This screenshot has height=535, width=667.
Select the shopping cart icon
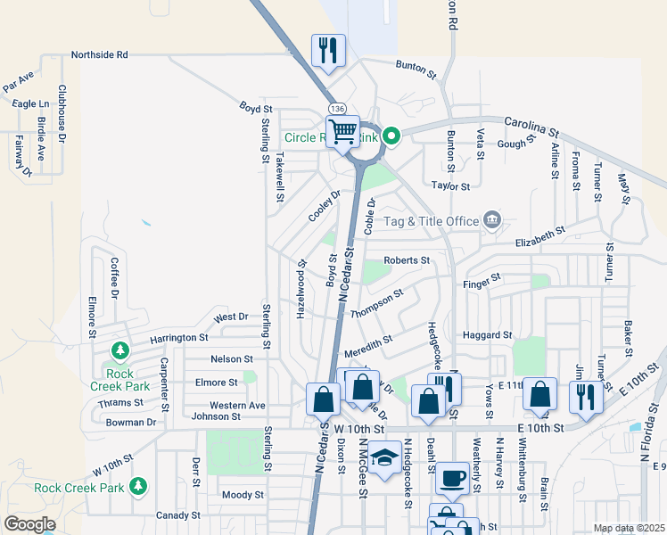click(342, 132)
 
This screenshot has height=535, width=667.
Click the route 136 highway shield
click(336, 108)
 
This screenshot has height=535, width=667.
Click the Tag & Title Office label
click(432, 221)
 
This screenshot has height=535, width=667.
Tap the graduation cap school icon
click(384, 458)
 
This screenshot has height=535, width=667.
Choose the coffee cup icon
click(452, 477)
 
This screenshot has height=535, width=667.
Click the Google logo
click(29, 524)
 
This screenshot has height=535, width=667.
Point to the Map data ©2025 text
click(629, 528)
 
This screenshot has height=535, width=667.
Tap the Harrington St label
click(178, 338)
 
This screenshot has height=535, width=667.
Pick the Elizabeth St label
click(540, 235)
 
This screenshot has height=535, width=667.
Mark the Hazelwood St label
click(301, 284)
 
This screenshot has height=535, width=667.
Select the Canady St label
click(178, 515)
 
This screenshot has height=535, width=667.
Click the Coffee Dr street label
click(114, 277)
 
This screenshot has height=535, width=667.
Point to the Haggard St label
click(487, 335)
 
